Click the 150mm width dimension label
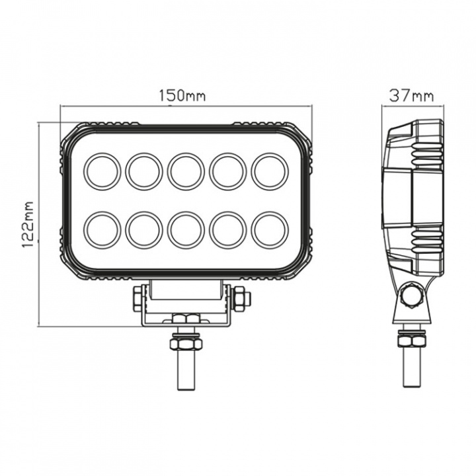click(181, 96)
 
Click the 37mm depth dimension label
click(411, 96)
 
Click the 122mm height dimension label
click(28, 224)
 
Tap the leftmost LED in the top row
click(102, 171)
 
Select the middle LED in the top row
click(186, 171)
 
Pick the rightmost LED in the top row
click(269, 171)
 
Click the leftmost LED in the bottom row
click(102, 228)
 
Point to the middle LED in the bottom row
click(186, 228)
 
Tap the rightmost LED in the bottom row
click(269, 228)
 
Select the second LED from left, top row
click(144, 171)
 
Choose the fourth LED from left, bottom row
click(227, 228)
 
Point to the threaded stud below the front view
click(186, 374)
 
